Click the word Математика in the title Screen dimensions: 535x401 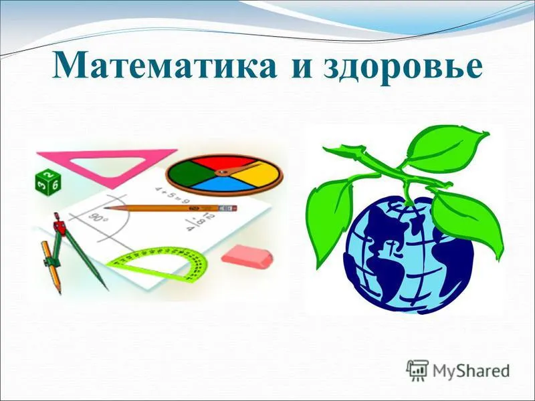pyautogui.click(x=165, y=65)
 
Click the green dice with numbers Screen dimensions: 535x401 pyautogui.click(x=48, y=183)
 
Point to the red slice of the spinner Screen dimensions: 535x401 pyautogui.click(x=223, y=162)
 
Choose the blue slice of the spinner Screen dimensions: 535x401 pyautogui.click(x=222, y=184)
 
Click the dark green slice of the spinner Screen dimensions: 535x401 pyautogui.click(x=188, y=173)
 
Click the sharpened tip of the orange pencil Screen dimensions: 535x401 pyautogui.click(x=105, y=207)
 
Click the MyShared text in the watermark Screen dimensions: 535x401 pyautogui.click(x=471, y=371)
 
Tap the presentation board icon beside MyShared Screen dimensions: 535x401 pyautogui.click(x=417, y=370)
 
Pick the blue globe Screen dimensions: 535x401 pyautogui.click(x=409, y=256)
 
